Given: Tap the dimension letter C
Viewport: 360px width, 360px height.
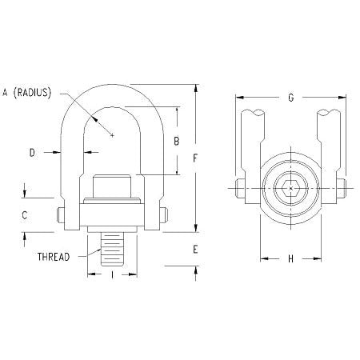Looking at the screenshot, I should tap(25, 214).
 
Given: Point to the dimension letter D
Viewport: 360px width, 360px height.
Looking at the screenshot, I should tap(32, 150).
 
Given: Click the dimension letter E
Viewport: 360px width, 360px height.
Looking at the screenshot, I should tap(195, 249).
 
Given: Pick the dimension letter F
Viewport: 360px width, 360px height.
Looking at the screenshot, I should tap(195, 158).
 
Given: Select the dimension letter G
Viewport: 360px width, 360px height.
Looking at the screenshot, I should tap(290, 98).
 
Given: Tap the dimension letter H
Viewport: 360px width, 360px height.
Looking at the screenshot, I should tap(290, 259).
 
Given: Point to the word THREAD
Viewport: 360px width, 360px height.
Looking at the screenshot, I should tap(54, 257).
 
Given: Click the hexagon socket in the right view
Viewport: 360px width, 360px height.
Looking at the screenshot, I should tap(289, 190).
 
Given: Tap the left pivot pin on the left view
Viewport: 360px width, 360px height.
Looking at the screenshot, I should tap(62, 214).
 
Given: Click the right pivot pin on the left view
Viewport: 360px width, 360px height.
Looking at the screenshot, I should tap(163, 214).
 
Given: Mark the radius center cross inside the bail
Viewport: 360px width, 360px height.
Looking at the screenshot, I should tap(113, 135).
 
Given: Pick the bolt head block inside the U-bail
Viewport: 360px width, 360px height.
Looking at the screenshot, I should tap(113, 190).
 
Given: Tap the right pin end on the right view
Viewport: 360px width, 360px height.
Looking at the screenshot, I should tap(340, 190).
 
